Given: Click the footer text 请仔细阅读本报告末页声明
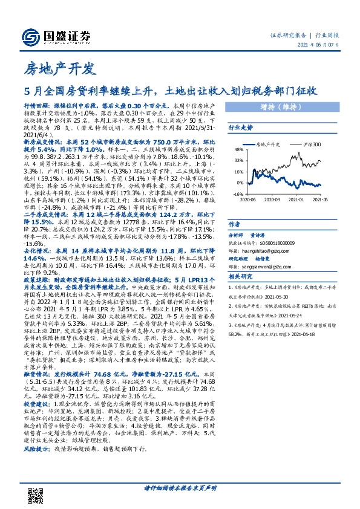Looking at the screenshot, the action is [179, 487].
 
